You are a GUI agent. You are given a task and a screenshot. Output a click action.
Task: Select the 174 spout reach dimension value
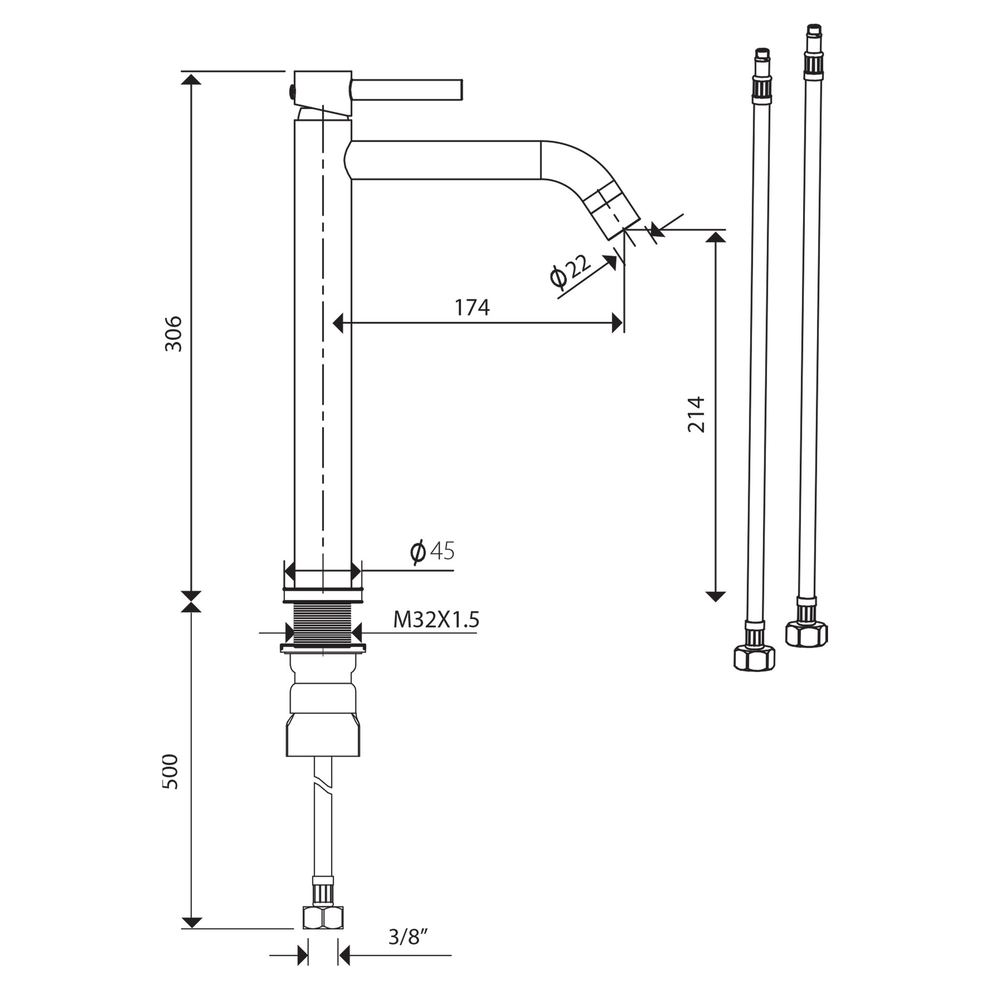[472, 307]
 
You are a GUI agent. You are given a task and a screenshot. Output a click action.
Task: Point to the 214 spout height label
[696, 414]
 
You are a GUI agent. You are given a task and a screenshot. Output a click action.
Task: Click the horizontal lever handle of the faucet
[407, 91]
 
